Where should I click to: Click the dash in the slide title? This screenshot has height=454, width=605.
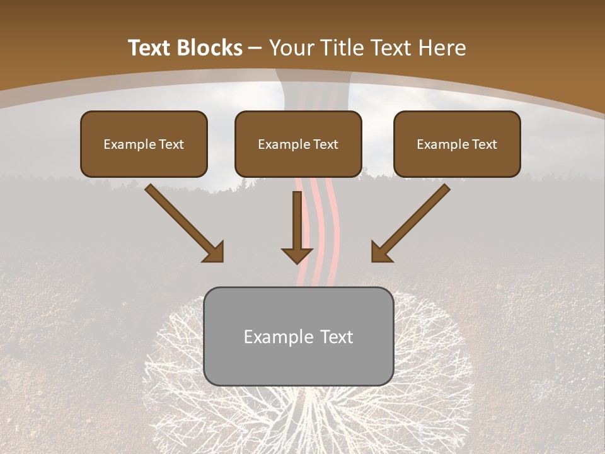tap(255, 49)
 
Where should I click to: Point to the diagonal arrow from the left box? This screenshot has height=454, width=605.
tap(183, 222)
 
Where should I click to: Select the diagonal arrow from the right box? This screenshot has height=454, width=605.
tap(412, 222)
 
